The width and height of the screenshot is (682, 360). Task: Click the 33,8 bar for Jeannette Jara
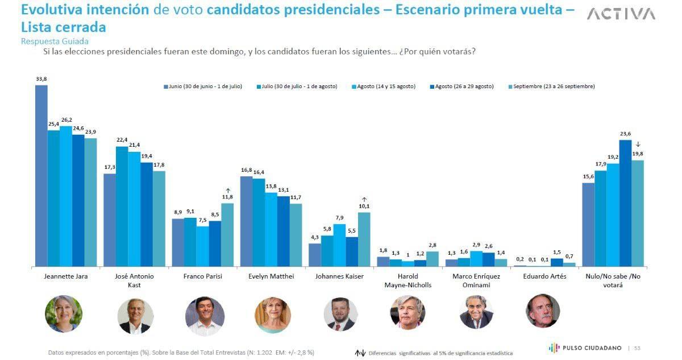coord(41,176)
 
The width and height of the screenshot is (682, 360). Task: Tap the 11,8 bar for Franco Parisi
coord(227,235)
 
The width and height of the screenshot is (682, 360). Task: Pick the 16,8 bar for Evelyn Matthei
coord(246,221)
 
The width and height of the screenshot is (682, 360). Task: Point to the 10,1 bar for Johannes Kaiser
coord(364,239)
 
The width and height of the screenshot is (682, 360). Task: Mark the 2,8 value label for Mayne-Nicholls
coord(433,246)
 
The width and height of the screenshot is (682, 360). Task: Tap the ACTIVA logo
coord(621,14)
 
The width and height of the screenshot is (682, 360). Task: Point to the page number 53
coord(638,347)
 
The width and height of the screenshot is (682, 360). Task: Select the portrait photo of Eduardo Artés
coord(543,311)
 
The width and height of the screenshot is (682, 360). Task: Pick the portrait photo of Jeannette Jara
coord(64,314)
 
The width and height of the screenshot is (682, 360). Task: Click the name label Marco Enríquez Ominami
coord(476,280)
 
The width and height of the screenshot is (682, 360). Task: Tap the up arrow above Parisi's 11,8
coord(228,191)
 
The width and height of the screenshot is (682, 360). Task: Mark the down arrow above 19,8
coord(638,144)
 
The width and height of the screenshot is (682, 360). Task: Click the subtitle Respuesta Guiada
coord(55,42)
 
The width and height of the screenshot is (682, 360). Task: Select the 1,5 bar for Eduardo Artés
coord(557,262)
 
